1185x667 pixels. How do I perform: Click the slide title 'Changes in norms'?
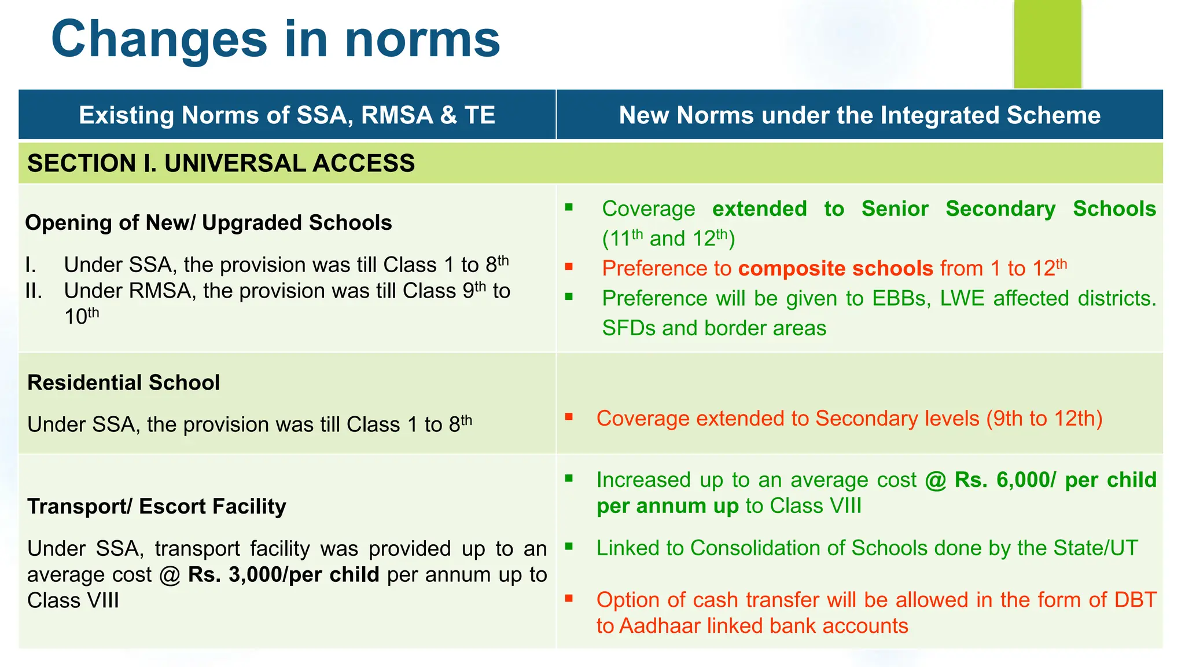275,39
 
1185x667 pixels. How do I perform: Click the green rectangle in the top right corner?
1047,44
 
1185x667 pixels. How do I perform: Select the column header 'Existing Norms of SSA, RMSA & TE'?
287,115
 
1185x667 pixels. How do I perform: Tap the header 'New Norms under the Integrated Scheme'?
860,115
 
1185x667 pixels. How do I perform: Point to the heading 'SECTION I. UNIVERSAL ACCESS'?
221,163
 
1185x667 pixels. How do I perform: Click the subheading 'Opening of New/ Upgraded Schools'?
208,223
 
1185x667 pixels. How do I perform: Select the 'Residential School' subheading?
124,383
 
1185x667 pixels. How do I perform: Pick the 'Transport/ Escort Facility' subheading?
157,507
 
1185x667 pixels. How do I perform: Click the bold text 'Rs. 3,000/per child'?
284,574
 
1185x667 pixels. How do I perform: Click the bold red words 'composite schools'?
836,269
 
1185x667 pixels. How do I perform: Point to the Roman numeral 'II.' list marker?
34,291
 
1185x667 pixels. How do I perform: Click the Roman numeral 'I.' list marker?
31,265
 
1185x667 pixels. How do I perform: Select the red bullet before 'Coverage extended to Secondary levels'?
569,416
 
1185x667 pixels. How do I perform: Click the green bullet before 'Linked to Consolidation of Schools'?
569,546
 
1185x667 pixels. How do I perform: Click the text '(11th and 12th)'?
668,239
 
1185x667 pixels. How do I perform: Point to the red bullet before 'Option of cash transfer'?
569,598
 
